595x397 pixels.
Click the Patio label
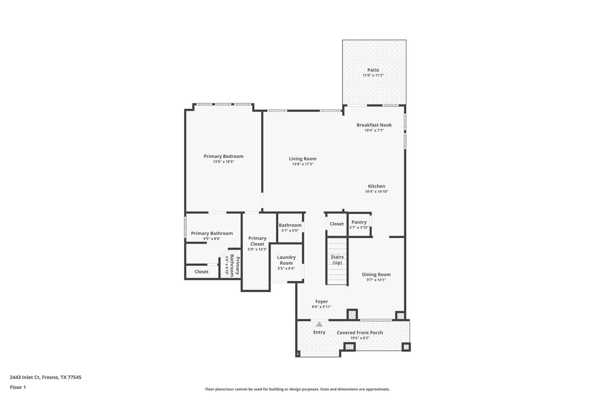coord(373,70)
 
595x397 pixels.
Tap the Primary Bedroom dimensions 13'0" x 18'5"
coord(223,162)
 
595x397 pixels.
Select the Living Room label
coord(302,159)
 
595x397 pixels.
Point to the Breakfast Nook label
coord(374,125)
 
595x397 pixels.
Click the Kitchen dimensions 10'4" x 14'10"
coord(377,192)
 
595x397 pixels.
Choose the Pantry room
coord(359,225)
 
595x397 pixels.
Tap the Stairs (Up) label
coord(337,260)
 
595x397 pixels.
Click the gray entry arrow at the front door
coord(319,324)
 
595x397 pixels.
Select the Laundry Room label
coord(286,260)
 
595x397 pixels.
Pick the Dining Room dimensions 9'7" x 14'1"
coord(376,280)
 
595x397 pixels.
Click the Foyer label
coord(321,302)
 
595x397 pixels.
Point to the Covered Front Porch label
coord(360,333)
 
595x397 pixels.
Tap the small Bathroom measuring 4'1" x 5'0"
coord(290,227)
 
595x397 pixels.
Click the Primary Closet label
coord(257,241)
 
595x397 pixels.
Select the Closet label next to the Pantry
coord(336,224)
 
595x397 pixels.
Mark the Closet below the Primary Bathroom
coord(201,272)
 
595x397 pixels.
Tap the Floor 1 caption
coord(18,387)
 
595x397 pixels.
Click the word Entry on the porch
coord(319,332)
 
